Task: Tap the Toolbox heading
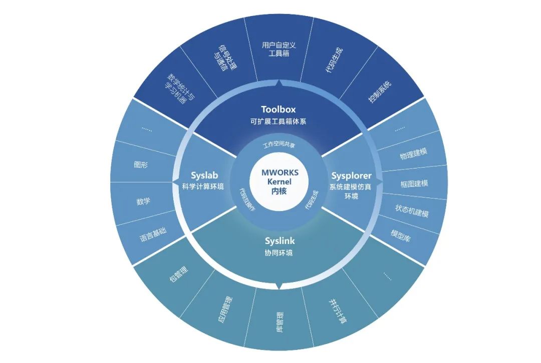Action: pyautogui.click(x=279, y=109)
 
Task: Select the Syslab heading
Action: pyautogui.click(x=204, y=175)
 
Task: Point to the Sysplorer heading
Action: pyautogui.click(x=351, y=175)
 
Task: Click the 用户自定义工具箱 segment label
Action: pyautogui.click(x=279, y=49)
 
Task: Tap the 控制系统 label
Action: pyautogui.click(x=380, y=91)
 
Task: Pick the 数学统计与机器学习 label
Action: pyautogui.click(x=180, y=89)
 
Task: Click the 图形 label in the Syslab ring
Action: pyautogui.click(x=141, y=164)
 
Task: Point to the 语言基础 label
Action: pyautogui.click(x=153, y=234)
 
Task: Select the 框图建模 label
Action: pyautogui.click(x=414, y=183)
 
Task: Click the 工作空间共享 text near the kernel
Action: pyautogui.click(x=279, y=145)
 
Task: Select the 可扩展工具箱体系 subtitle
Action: pyautogui.click(x=279, y=121)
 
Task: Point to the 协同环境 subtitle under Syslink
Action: pyautogui.click(x=279, y=253)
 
